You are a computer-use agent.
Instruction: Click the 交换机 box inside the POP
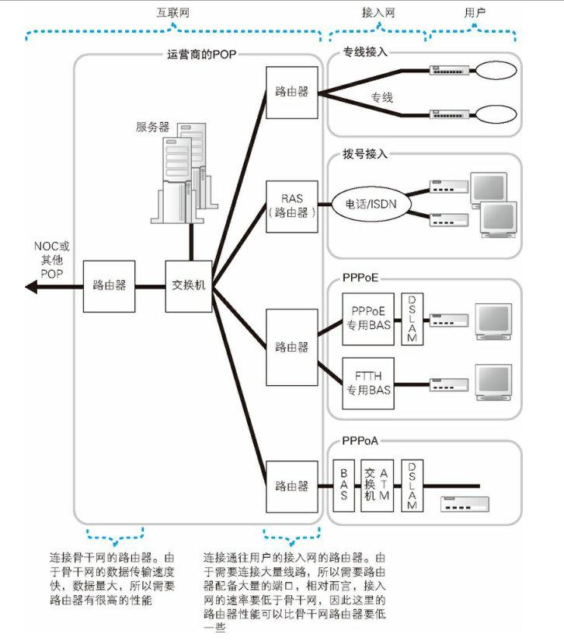pyautogui.click(x=189, y=286)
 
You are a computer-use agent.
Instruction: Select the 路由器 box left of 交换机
pyautogui.click(x=110, y=286)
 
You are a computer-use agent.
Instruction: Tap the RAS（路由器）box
pyautogui.click(x=291, y=205)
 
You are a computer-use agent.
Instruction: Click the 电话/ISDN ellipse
pyautogui.click(x=371, y=205)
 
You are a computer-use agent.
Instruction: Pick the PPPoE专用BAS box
pyautogui.click(x=369, y=319)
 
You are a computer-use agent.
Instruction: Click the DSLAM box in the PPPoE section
pyautogui.click(x=413, y=319)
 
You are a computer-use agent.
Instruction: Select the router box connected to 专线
pyautogui.click(x=291, y=92)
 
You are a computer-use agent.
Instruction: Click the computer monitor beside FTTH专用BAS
pyautogui.click(x=494, y=382)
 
